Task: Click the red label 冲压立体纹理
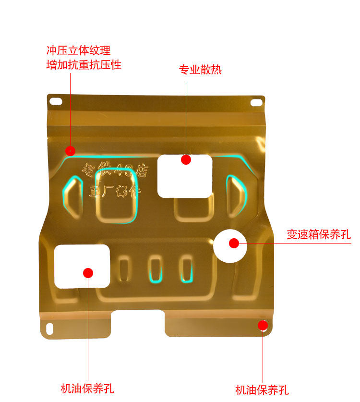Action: [x=78, y=50]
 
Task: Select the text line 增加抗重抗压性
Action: [x=84, y=64]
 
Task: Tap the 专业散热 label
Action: [x=200, y=70]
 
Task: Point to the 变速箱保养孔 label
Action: [x=319, y=235]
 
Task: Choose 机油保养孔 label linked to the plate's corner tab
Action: [x=262, y=390]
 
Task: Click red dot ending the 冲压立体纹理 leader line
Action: [x=71, y=151]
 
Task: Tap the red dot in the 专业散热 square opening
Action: [x=186, y=159]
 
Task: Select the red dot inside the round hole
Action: [x=234, y=244]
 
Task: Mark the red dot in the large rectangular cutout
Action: [x=87, y=273]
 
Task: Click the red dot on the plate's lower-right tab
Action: [x=263, y=325]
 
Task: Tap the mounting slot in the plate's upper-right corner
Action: [x=257, y=102]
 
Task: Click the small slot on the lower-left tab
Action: [x=49, y=328]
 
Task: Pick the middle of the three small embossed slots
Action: [x=155, y=269]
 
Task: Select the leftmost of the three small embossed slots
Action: [x=124, y=268]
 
